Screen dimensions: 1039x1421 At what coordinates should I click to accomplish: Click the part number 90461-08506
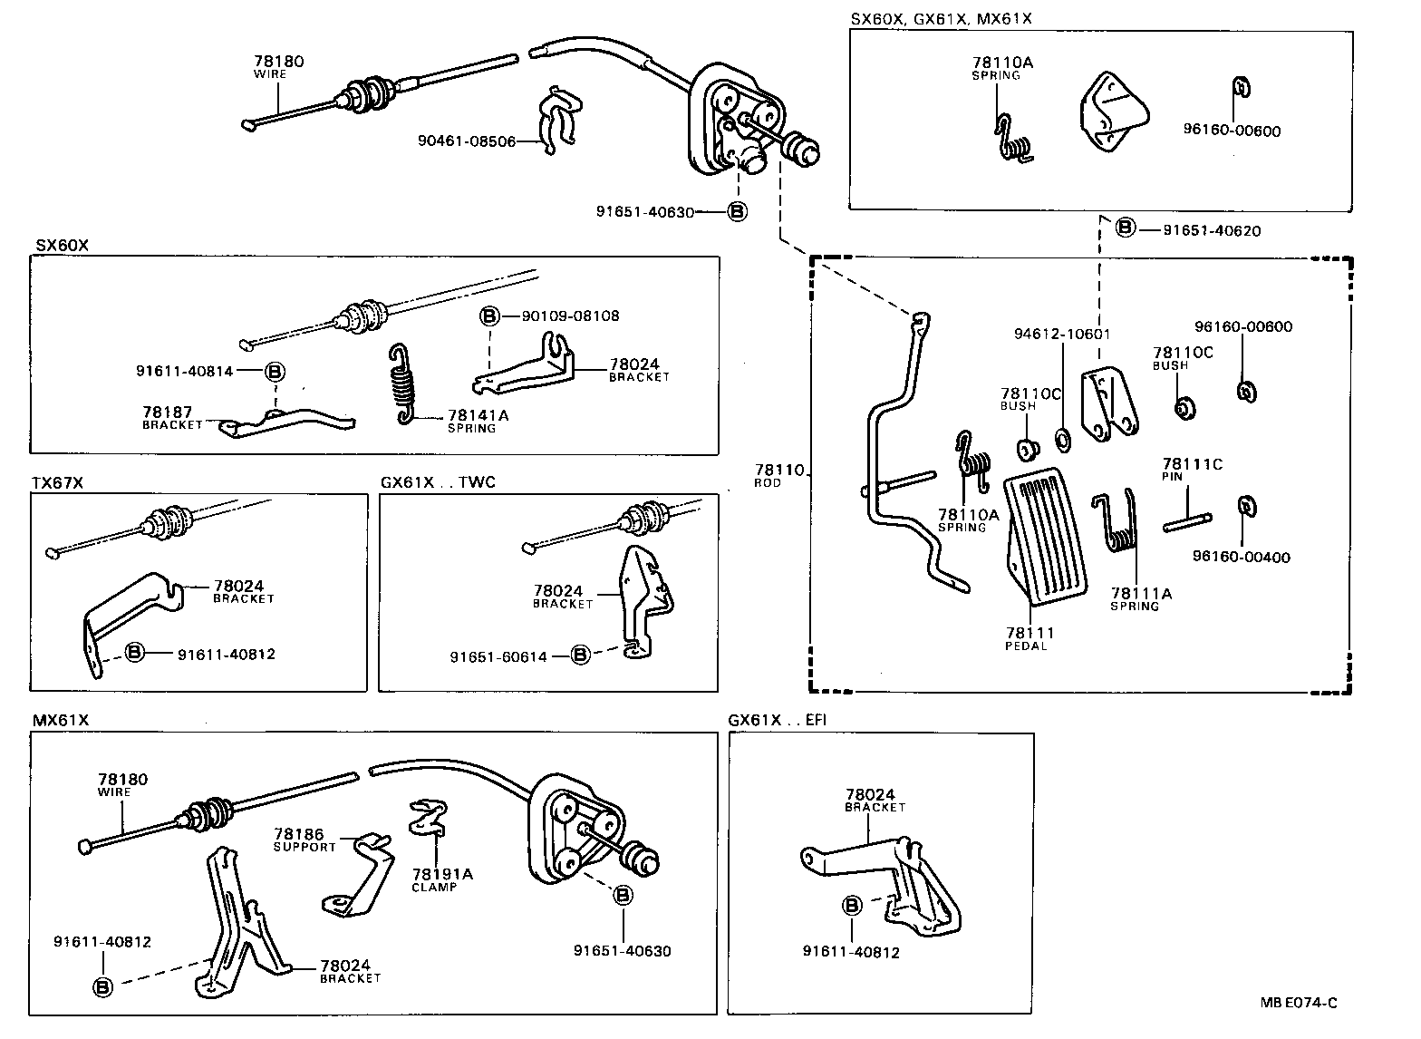(466, 141)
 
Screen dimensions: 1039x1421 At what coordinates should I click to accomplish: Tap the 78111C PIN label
(1192, 469)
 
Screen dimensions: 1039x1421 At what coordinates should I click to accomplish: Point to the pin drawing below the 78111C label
(1186, 522)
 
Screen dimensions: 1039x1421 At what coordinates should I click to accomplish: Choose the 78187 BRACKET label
(172, 417)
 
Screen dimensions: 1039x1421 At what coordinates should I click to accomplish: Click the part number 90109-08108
(570, 316)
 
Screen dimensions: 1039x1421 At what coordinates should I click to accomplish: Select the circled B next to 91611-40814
(275, 371)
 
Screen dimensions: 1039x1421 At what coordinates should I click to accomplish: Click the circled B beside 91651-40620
(1125, 228)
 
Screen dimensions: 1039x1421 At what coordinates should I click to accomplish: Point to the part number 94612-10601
(1061, 335)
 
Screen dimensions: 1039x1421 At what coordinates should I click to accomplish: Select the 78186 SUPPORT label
(304, 839)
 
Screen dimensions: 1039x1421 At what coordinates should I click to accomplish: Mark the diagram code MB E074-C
(1298, 1002)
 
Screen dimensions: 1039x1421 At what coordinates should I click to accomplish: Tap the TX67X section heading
(57, 483)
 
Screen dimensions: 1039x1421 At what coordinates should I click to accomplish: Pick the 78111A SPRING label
(1141, 599)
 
